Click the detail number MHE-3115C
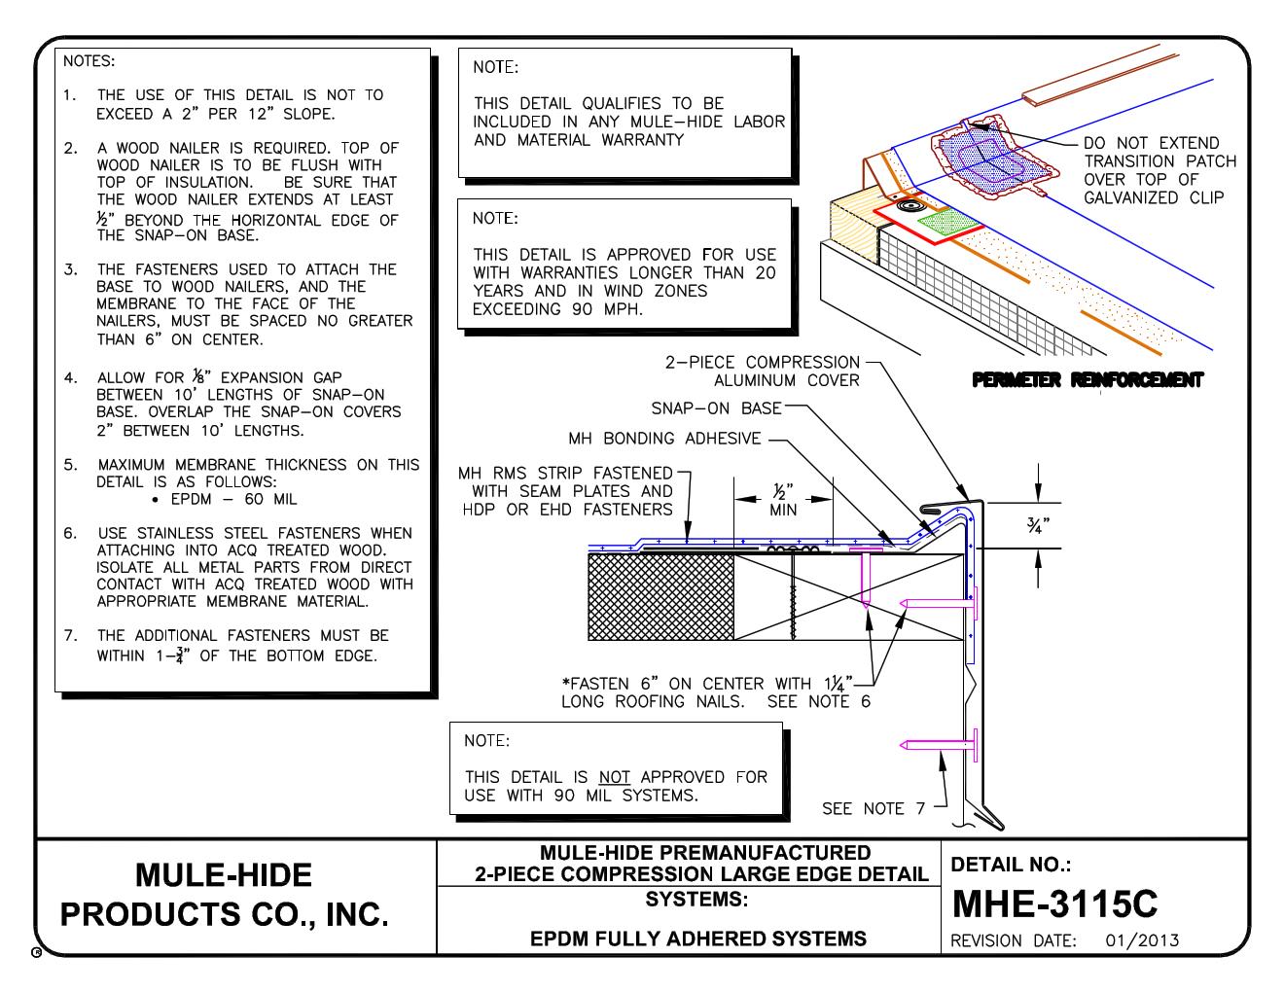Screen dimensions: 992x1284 click(x=1053, y=903)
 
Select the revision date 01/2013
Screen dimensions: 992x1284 click(x=1142, y=940)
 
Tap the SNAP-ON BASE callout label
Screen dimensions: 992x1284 click(x=715, y=408)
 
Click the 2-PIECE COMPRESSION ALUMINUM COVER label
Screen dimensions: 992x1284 click(x=763, y=372)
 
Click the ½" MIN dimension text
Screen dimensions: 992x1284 click(x=783, y=500)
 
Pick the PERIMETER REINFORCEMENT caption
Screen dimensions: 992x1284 click(x=1087, y=380)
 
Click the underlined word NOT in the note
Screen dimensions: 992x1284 click(x=614, y=777)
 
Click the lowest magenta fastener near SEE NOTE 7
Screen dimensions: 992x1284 click(x=939, y=746)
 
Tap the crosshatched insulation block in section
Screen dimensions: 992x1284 click(x=660, y=597)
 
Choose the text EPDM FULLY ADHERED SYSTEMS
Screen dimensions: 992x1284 click(x=697, y=939)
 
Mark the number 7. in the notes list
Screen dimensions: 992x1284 click(x=71, y=636)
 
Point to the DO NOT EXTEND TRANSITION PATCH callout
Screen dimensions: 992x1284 click(x=1159, y=170)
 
